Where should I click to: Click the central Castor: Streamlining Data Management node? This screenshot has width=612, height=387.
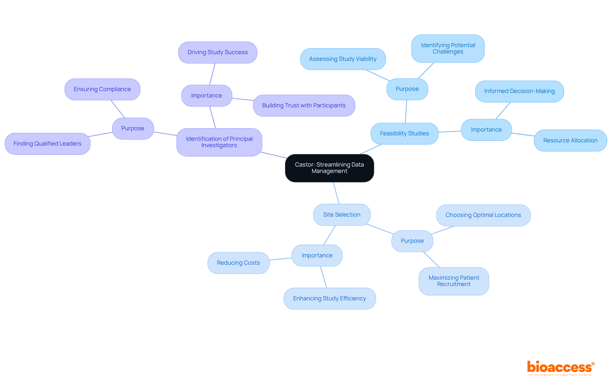tap(329, 168)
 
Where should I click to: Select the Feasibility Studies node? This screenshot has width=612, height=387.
tap(404, 133)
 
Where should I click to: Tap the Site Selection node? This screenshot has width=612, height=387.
tap(342, 215)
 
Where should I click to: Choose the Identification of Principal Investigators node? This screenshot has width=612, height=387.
tap(219, 142)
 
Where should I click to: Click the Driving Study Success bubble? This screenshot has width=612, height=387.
tap(217, 53)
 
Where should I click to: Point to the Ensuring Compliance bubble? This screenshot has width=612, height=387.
tap(102, 89)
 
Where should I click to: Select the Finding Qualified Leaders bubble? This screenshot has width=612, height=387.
tap(47, 144)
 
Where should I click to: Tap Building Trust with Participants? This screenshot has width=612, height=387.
tap(304, 105)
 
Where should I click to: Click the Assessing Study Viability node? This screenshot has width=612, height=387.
tap(343, 59)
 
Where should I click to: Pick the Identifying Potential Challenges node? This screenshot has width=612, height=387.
tap(448, 48)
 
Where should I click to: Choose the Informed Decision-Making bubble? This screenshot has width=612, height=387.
tap(519, 91)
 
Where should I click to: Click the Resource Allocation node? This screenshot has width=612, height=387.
tap(570, 140)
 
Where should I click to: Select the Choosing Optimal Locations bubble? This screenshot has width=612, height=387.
tap(483, 215)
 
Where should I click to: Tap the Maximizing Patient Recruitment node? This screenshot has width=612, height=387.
tap(454, 281)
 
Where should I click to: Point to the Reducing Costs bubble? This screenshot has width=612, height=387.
tap(238, 263)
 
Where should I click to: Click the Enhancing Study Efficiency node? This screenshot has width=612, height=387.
tap(330, 298)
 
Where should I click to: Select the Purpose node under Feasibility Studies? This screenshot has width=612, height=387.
tap(407, 89)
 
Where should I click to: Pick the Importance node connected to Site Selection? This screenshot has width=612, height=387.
tap(317, 255)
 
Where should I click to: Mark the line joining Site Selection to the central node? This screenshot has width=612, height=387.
tap(336, 193)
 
